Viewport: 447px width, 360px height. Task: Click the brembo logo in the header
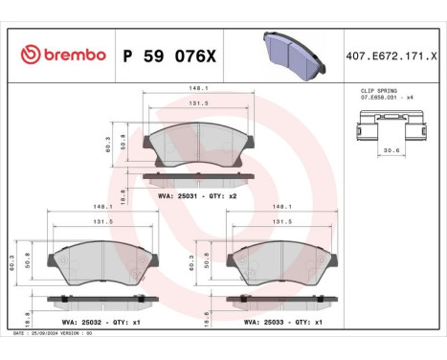point(62,54)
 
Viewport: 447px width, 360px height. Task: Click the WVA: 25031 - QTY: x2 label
point(196,194)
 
